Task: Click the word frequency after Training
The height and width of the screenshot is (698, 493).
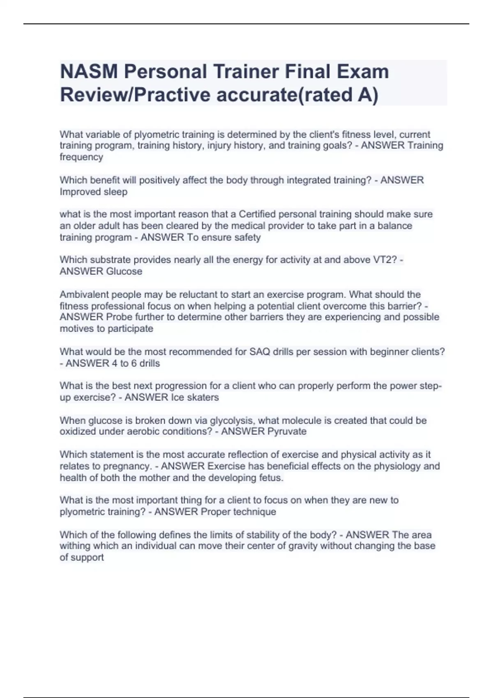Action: [81, 157]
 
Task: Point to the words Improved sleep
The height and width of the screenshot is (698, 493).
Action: [94, 192]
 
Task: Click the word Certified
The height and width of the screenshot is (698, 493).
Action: [261, 214]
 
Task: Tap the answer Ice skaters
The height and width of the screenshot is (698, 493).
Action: [194, 397]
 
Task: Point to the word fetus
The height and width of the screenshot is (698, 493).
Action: [271, 478]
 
